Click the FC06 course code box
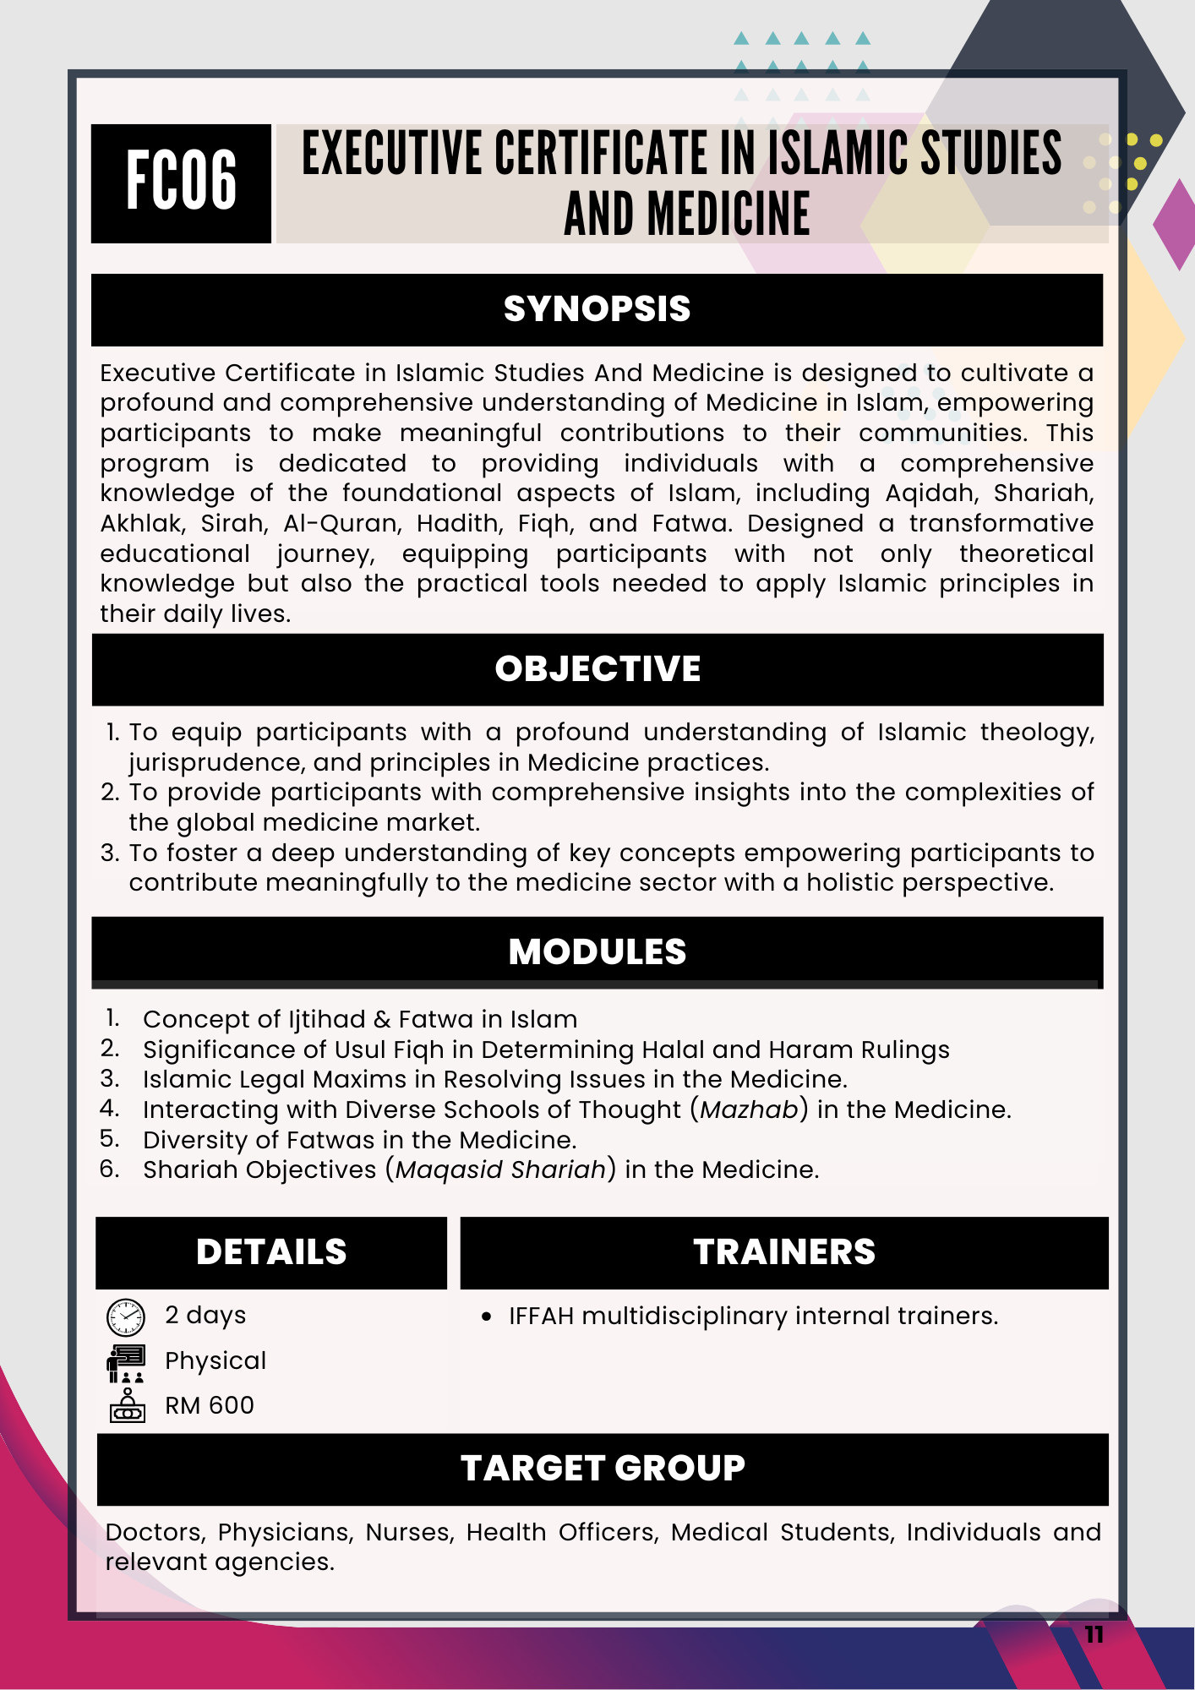point(181,183)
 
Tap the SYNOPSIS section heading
point(597,309)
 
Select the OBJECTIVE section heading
point(597,669)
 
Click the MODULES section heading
point(597,952)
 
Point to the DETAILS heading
point(271,1252)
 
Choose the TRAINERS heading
point(784,1252)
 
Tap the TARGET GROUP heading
point(603,1469)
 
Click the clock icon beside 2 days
point(126,1317)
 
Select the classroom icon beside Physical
point(127,1362)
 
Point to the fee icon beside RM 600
point(127,1405)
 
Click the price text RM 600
point(210,1405)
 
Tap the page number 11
point(1094,1635)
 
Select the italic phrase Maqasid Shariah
point(500,1169)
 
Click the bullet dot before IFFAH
point(486,1317)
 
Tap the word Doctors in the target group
point(156,1532)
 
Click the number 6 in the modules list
point(109,1169)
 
